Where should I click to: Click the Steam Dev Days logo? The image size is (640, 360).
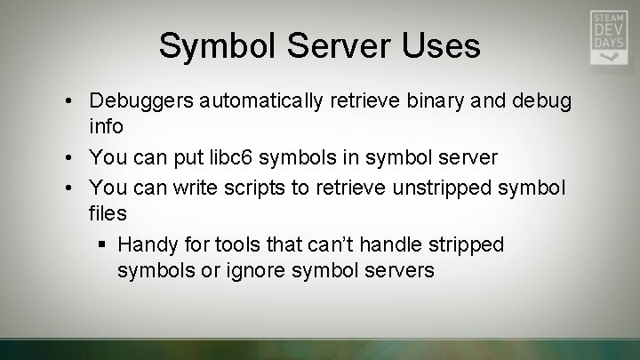point(610,37)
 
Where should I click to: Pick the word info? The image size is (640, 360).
point(106,127)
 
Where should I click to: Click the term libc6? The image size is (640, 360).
point(247,157)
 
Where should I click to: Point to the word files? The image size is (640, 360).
point(108,213)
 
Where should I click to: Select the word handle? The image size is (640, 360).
point(390,244)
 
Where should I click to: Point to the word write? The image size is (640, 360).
point(202,188)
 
